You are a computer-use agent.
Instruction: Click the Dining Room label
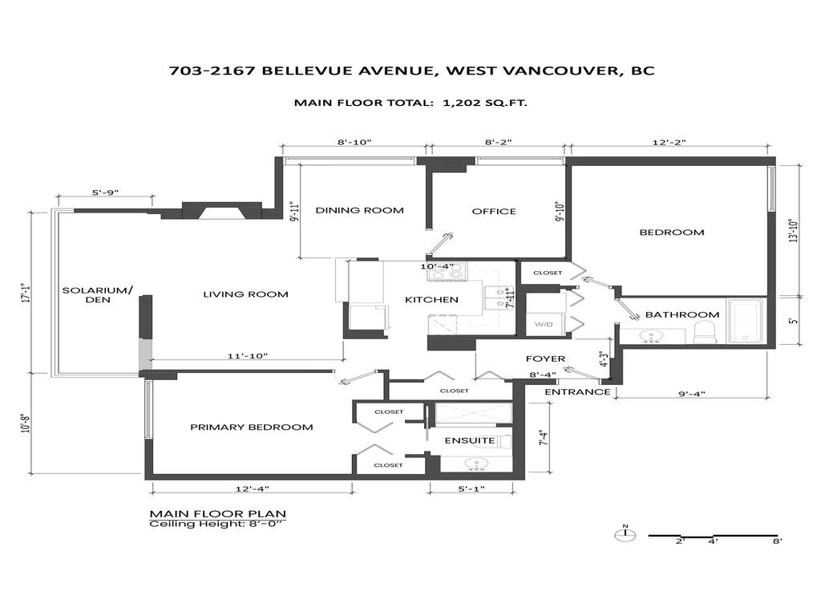[359, 211]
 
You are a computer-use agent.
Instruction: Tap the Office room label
[494, 211]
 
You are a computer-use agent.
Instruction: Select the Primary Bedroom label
[251, 427]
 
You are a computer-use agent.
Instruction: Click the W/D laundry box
[544, 324]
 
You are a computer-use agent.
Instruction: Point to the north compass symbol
[625, 534]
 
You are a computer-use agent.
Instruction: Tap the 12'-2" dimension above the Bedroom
[669, 142]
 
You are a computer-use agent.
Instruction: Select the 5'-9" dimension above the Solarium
[105, 192]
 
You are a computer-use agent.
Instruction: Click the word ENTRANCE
[577, 392]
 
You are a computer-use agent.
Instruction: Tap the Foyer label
[545, 359]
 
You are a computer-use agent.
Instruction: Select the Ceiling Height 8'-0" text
[218, 525]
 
